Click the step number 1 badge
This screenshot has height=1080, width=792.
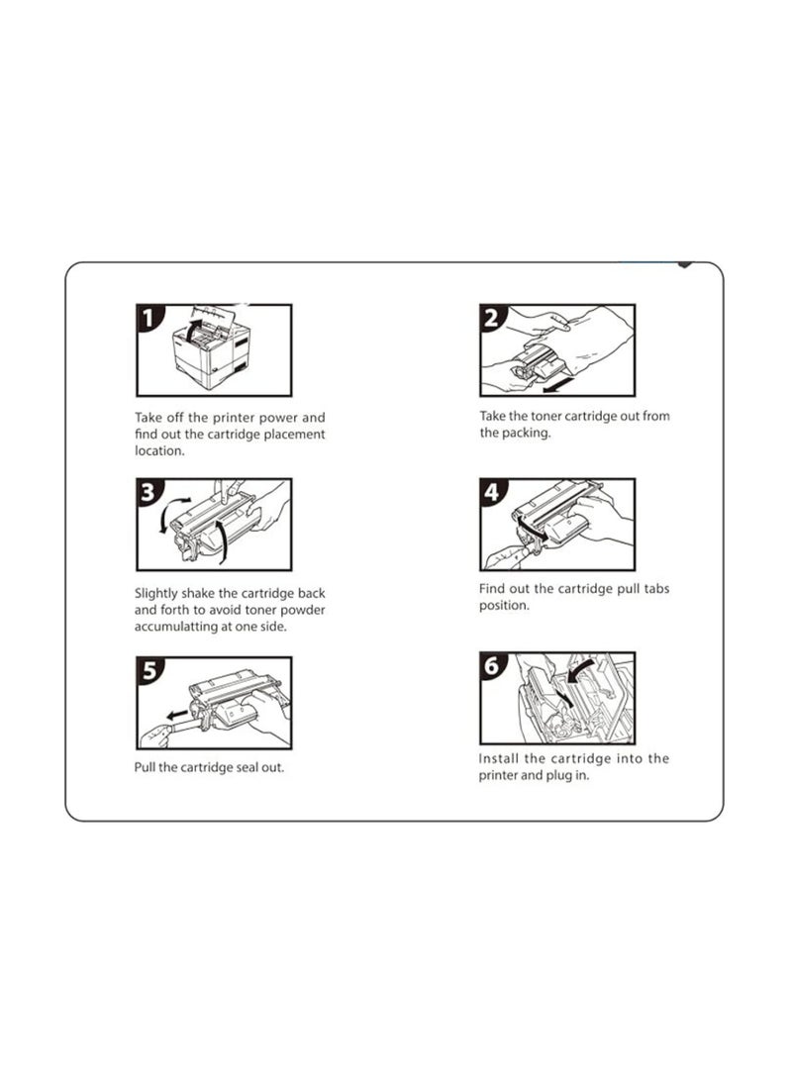pos(148,318)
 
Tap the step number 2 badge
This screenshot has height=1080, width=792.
pos(492,318)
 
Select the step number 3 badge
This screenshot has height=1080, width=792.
pos(148,492)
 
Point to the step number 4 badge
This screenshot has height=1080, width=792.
pos(492,492)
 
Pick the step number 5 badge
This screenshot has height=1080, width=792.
pos(149,670)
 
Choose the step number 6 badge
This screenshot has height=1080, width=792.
pos(492,666)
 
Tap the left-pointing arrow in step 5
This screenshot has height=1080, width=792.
pos(177,714)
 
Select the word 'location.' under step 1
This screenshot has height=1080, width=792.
pos(159,451)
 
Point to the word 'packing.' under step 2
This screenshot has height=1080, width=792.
pos(525,434)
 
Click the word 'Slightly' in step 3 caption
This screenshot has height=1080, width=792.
pos(155,594)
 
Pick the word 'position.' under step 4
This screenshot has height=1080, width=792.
pos(504,606)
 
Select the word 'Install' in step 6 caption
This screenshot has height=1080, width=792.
pos(499,758)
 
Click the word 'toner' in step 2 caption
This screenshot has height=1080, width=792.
pos(545,416)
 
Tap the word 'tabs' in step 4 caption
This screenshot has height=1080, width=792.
pos(656,589)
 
